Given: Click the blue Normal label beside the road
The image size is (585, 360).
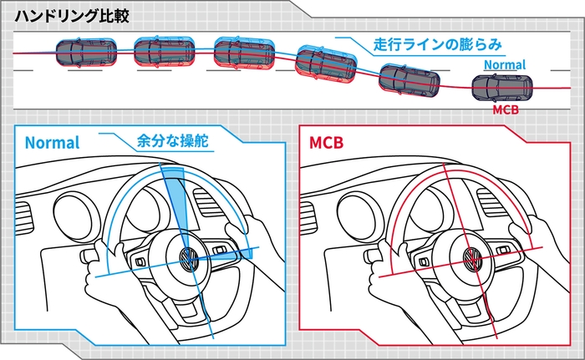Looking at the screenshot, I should [504, 64].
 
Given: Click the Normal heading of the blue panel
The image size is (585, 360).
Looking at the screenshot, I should [52, 142].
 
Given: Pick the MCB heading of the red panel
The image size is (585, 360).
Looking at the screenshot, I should [326, 143].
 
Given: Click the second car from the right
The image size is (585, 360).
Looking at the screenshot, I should [409, 81].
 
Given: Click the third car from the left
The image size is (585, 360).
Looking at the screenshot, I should [244, 53].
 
